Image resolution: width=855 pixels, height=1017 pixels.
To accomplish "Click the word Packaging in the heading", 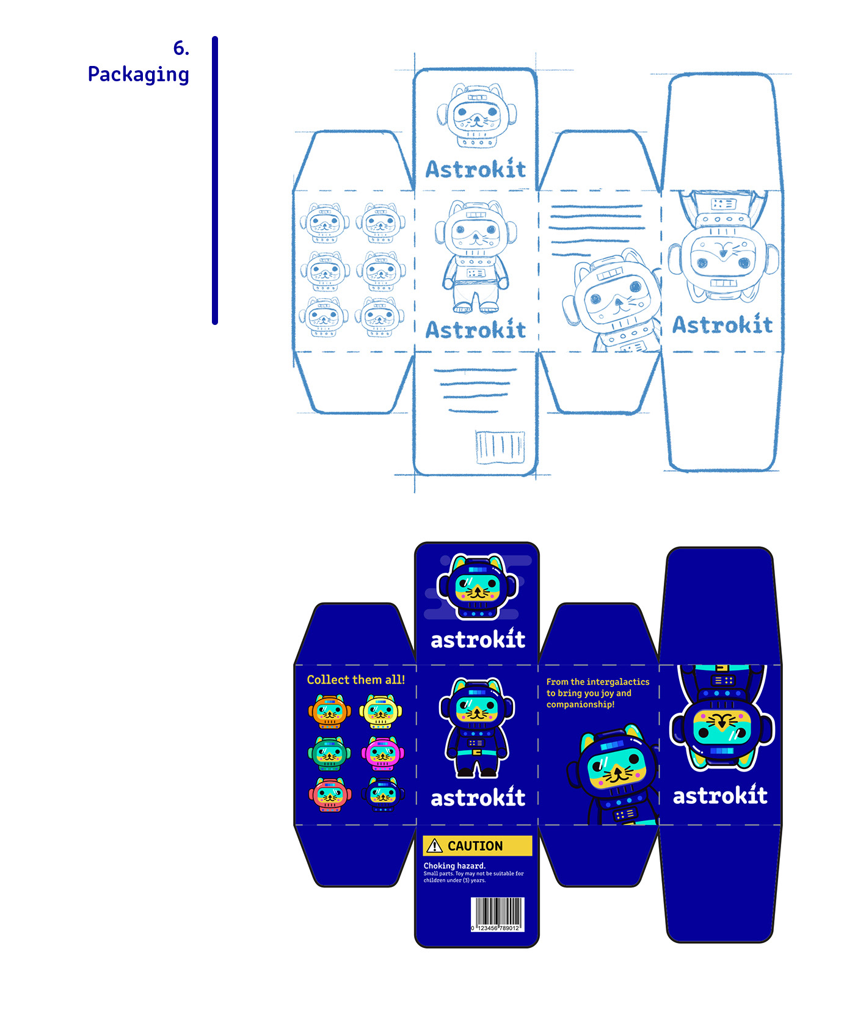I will (x=138, y=75).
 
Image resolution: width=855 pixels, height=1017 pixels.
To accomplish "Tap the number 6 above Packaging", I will (x=181, y=48).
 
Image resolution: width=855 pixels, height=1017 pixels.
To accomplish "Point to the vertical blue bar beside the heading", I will (x=215, y=180).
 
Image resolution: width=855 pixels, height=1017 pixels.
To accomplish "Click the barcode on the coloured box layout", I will (x=497, y=914).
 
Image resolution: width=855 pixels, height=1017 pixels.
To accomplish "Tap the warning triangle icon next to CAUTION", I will (x=434, y=846).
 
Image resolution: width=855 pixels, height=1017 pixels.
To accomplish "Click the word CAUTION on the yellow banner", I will (x=475, y=846).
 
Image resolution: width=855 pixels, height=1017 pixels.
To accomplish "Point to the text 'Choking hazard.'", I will (x=454, y=866).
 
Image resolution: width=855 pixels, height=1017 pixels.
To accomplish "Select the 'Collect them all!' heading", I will (x=355, y=680).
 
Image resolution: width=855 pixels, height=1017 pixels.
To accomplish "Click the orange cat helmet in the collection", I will (x=330, y=712).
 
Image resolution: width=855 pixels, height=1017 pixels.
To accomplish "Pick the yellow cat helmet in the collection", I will (x=380, y=712).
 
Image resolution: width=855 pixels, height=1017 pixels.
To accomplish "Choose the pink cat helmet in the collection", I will (x=382, y=754).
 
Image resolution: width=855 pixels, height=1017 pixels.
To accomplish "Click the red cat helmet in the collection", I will (x=330, y=794).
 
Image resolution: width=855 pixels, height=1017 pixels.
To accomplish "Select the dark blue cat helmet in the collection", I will (x=383, y=794).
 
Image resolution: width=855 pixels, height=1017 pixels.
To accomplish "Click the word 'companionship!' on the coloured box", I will (x=580, y=704).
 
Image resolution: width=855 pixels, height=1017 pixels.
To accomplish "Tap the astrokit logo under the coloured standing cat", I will (x=478, y=797).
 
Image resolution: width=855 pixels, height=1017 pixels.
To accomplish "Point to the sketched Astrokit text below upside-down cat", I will (x=722, y=325).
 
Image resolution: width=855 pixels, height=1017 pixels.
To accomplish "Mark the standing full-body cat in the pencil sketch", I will (x=476, y=257).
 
